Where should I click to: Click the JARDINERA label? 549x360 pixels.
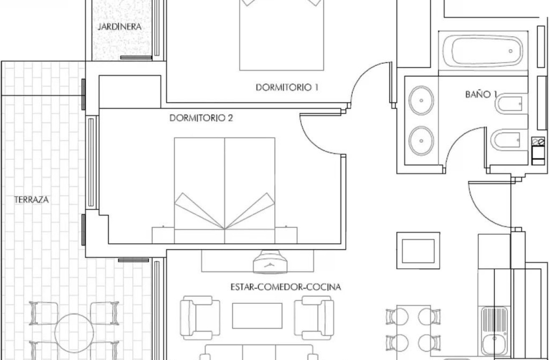tap(119, 27)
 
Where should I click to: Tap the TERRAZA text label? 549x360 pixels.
tap(31, 200)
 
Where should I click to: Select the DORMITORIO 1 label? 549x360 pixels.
tap(287, 88)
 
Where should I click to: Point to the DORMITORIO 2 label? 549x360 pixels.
tap(201, 118)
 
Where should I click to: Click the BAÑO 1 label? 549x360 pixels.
tap(481, 94)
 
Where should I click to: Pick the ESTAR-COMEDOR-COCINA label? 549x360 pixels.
tap(286, 287)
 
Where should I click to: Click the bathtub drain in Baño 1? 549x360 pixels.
tap(511, 51)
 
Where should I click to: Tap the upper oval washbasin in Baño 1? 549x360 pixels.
tap(421, 101)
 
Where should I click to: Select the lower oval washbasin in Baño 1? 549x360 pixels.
tap(421, 141)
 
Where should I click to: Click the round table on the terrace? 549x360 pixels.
tap(74, 333)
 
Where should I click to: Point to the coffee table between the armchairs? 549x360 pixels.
tap(257, 316)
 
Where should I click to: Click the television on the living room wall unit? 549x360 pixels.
tap(270, 262)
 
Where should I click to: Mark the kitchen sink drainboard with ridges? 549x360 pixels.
tap(494, 319)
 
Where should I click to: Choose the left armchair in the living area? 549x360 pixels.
tap(200, 318)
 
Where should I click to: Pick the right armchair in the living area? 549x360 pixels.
tap(314, 318)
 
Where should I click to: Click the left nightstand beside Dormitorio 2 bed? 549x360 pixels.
tap(163, 235)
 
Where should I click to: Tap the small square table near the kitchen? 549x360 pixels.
tap(418, 251)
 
